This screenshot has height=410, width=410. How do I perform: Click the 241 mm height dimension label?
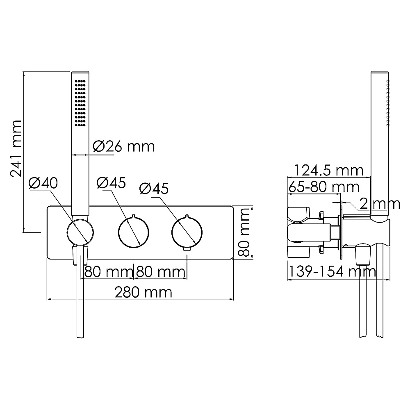click(x=16, y=148)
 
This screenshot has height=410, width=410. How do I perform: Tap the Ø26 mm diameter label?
click(x=124, y=146)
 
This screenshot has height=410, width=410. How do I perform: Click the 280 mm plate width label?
click(x=143, y=292)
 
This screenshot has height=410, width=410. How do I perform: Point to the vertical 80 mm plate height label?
click(x=244, y=232)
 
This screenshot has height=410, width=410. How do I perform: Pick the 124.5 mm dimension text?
click(x=329, y=171)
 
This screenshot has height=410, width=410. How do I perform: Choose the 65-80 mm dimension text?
click(x=324, y=187)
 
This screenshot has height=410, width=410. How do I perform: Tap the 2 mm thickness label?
click(x=380, y=203)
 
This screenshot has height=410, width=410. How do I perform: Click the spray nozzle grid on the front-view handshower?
click(x=80, y=103)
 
